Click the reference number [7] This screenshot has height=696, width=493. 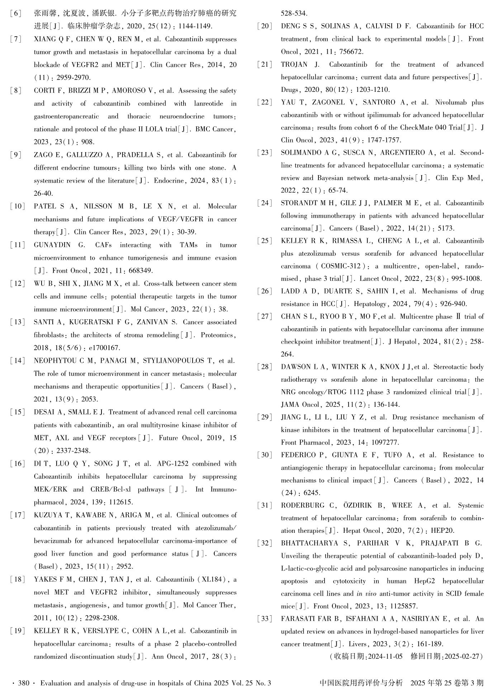pyautogui.click(x=16, y=39)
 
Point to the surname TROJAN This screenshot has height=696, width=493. pyautogui.click(x=295, y=65)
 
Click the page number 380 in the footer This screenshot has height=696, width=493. pyautogui.click(x=23, y=683)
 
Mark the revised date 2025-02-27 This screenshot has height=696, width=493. pyautogui.click(x=462, y=657)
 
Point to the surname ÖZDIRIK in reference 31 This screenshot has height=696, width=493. pyautogui.click(x=359, y=505)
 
